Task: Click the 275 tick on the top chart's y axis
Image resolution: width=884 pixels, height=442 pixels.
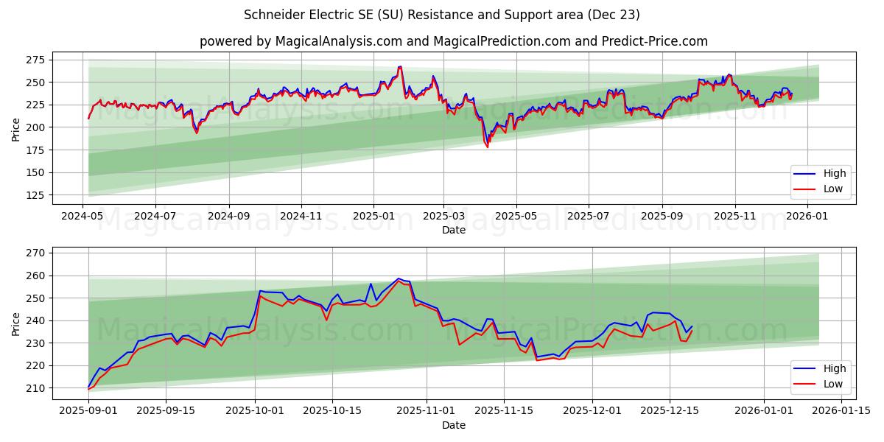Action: [35, 60]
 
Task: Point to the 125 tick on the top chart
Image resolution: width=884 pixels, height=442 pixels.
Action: [35, 195]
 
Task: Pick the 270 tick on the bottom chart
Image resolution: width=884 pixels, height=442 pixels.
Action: [35, 253]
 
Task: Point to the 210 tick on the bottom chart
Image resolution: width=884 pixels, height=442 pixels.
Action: [35, 388]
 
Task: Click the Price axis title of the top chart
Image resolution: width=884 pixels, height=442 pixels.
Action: [16, 129]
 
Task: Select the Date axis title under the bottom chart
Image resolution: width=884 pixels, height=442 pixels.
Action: [454, 425]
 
